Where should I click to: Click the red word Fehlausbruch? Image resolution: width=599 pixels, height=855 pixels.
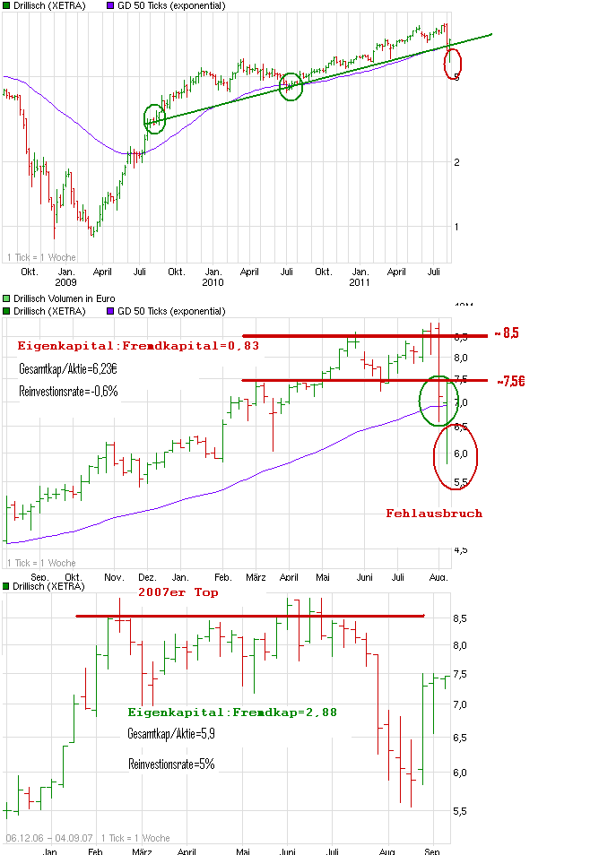click(434, 514)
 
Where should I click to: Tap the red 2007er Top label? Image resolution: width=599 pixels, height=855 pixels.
click(178, 592)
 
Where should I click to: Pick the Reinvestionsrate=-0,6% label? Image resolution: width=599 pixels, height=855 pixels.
click(68, 392)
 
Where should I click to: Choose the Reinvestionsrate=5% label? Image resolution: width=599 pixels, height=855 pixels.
click(171, 764)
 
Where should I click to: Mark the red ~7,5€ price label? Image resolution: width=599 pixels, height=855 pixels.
click(509, 380)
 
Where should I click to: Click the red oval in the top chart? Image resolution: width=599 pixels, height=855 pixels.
click(454, 63)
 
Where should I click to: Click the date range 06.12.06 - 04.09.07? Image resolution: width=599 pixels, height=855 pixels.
click(50, 837)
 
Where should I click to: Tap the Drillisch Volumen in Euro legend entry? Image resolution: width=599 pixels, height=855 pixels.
click(70, 298)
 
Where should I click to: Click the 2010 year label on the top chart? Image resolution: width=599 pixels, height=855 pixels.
click(213, 282)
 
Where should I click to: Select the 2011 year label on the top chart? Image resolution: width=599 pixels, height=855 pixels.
click(360, 282)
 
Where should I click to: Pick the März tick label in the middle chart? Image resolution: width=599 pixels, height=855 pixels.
click(257, 576)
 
